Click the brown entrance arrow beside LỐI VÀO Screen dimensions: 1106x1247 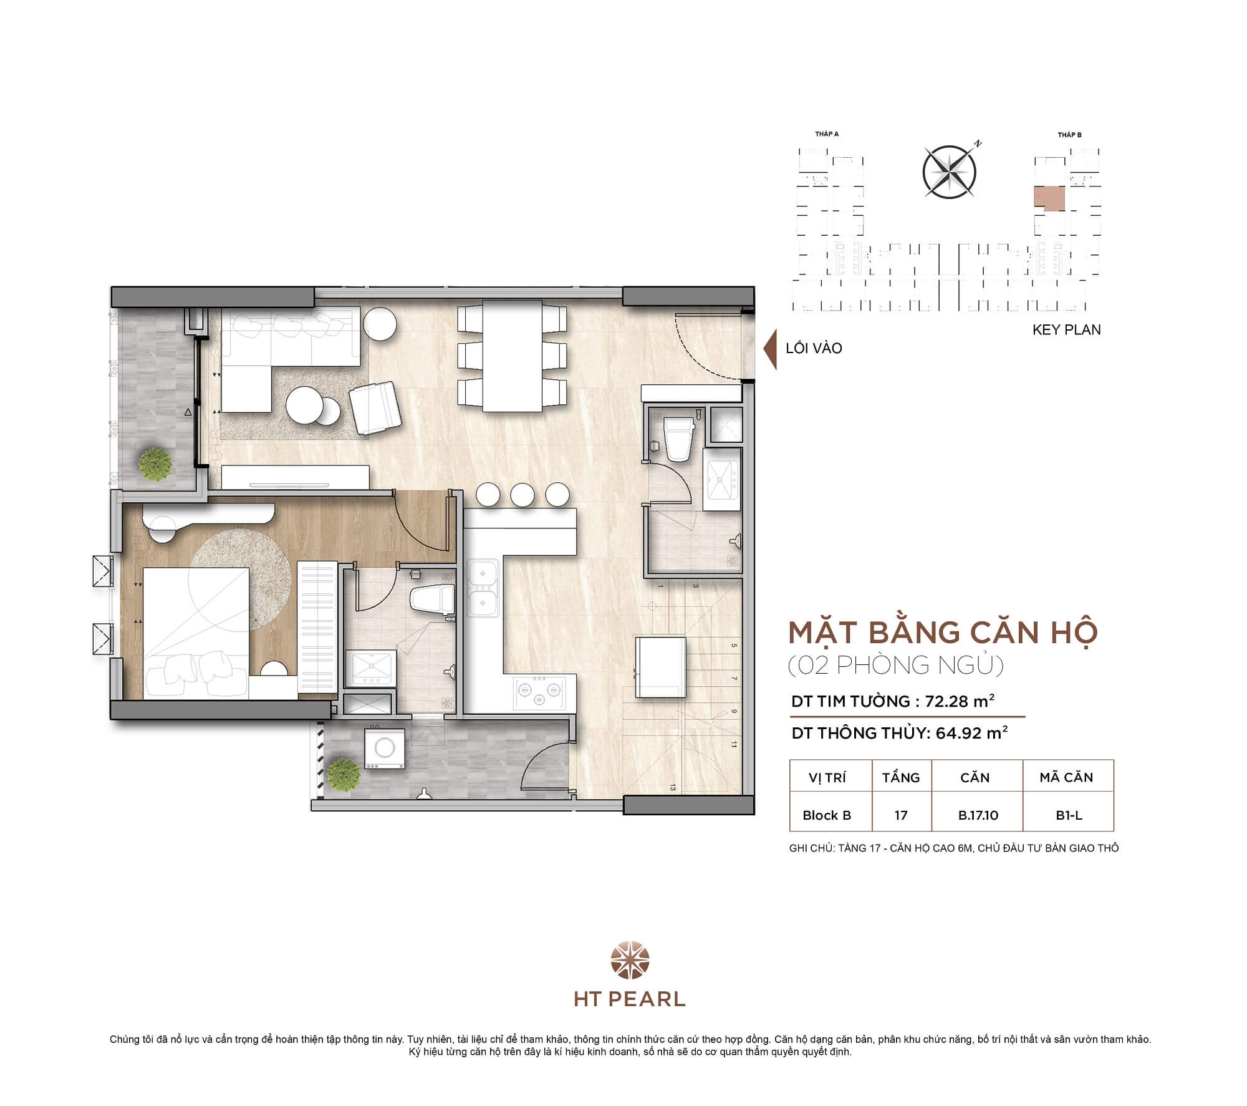pyautogui.click(x=771, y=348)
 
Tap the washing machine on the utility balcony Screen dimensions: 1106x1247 pyautogui.click(x=384, y=748)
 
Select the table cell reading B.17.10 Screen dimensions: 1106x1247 pyautogui.click(x=978, y=815)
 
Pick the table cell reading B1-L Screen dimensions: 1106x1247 pyautogui.click(x=1069, y=815)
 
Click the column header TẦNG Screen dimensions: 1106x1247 pyautogui.click(x=900, y=777)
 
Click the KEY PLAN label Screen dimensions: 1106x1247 pyautogui.click(x=1066, y=329)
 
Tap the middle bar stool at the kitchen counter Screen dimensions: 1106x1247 pyautogui.click(x=522, y=495)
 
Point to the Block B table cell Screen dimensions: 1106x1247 pyautogui.click(x=827, y=815)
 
